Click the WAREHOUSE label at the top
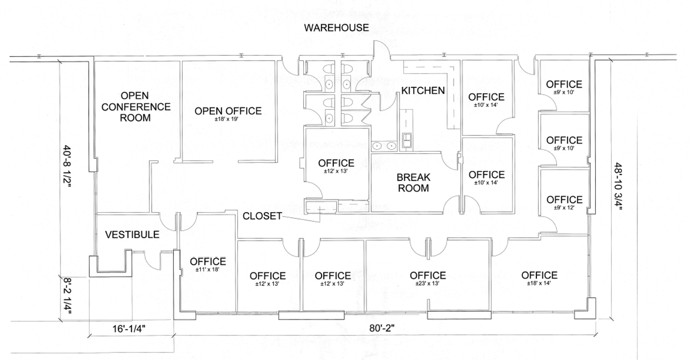point(337,28)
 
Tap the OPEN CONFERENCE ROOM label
point(136,107)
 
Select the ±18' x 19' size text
point(228,119)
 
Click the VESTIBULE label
point(132,234)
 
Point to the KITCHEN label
point(423,90)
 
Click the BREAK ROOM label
point(414,183)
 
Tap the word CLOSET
point(262,216)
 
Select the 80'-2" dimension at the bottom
point(381,328)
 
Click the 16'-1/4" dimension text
point(129,328)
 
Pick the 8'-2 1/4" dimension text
point(67,294)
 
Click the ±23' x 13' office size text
point(428,284)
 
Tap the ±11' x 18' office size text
point(208,269)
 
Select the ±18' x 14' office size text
point(539,283)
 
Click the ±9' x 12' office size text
point(564,207)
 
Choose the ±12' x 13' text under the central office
point(336,171)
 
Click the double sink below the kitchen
point(384,146)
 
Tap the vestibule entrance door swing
point(154,261)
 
